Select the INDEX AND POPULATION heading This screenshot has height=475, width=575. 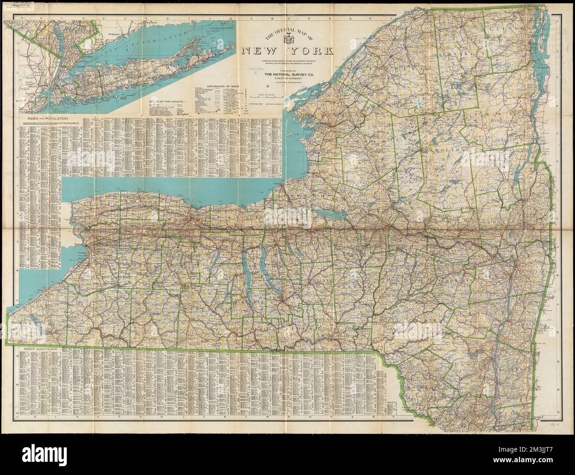(41, 119)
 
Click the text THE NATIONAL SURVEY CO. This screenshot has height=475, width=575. (287, 75)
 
